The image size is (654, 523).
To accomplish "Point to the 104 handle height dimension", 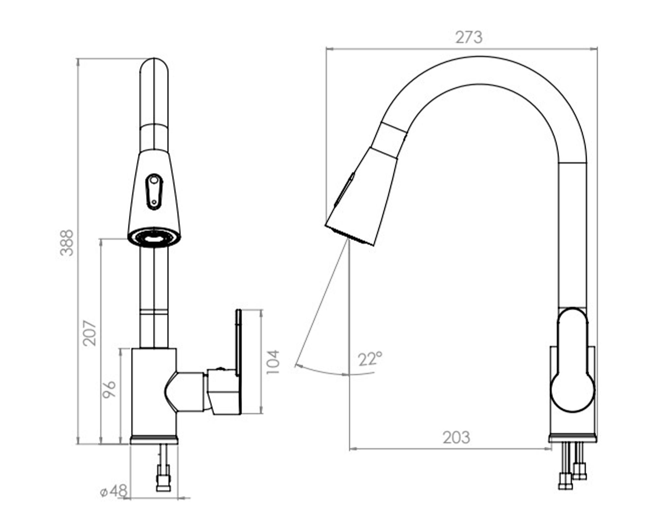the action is coord(273,362).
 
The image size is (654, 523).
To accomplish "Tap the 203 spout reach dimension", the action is coord(456,437).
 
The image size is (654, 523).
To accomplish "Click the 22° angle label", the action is coord(370,359).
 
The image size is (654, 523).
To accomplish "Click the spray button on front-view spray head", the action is coord(154,192).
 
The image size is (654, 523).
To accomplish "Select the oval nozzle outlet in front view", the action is coord(154,237).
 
